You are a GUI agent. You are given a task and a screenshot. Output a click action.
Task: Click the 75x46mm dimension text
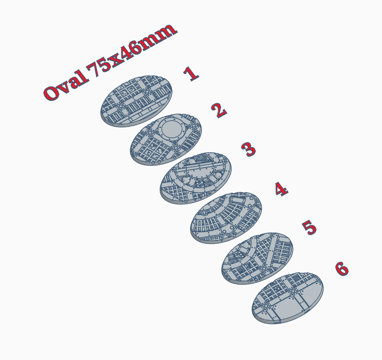click(x=132, y=50)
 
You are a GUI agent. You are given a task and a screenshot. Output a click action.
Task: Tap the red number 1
click(x=191, y=73)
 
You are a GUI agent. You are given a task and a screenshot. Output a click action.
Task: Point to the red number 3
click(x=249, y=149)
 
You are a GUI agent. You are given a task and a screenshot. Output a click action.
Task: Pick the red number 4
click(x=281, y=189)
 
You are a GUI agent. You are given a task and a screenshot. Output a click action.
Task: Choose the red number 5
click(x=310, y=228)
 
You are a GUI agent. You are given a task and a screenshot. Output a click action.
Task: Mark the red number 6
click(x=342, y=269)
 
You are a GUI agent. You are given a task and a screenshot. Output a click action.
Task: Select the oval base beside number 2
click(x=166, y=139)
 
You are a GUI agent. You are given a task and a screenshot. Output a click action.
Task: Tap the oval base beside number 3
click(x=196, y=178)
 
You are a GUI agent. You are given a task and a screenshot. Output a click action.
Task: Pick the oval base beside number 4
click(x=226, y=217)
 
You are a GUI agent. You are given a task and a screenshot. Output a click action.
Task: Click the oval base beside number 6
click(x=288, y=298)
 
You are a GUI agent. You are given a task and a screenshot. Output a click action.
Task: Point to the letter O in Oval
click(x=51, y=92)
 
